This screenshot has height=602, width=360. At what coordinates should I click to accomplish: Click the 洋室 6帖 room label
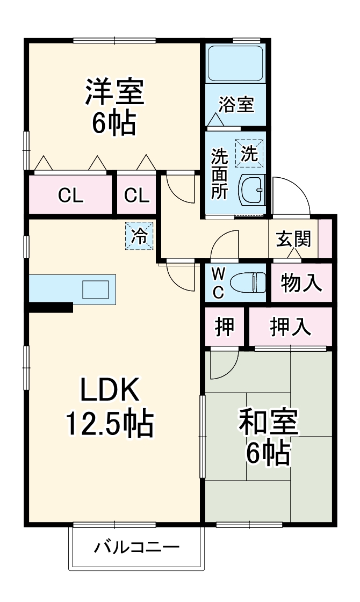[114, 107]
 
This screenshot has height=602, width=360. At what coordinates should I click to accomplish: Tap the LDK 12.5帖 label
[110, 408]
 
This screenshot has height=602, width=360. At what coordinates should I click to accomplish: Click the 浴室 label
[236, 105]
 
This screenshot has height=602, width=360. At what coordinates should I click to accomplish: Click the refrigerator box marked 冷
[139, 236]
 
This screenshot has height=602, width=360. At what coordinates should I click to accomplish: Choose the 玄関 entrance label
[293, 238]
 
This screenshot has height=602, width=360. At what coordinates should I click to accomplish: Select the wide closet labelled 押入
[290, 327]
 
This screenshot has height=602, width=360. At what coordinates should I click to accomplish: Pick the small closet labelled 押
[225, 327]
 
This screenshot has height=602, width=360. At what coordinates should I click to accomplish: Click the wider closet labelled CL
[71, 196]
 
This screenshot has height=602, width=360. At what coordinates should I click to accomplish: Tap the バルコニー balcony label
[137, 548]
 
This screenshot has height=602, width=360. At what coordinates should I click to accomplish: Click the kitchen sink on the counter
[95, 289]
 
